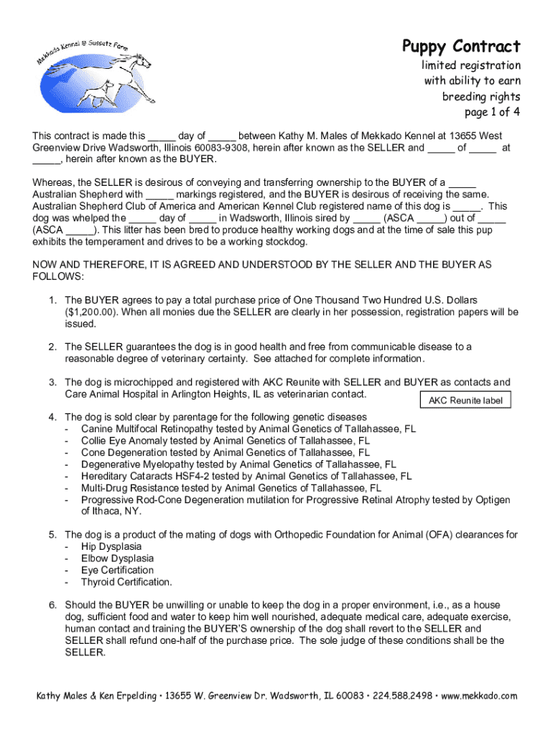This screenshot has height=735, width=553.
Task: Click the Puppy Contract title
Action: tap(460, 47)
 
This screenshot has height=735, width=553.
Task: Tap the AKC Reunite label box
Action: tap(465, 401)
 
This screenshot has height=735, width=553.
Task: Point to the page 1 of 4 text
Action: tap(493, 112)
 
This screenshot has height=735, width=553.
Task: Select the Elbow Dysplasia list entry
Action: tap(118, 558)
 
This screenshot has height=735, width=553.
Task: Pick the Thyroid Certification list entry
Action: tap(126, 582)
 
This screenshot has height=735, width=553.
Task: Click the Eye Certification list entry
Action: tap(118, 570)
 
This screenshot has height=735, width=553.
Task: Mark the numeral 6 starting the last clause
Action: tap(52, 605)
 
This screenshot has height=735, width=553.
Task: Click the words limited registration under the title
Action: tap(471, 65)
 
